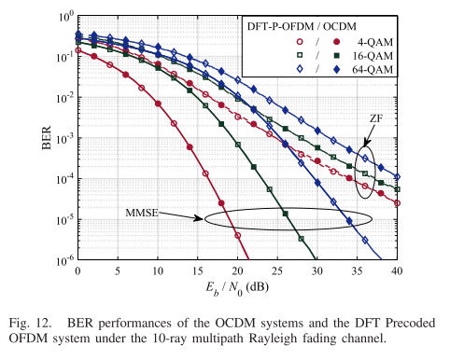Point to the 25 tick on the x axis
[278, 270]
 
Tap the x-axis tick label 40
[398, 270]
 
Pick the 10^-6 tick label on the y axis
[63, 260]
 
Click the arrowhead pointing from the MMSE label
[200, 220]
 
